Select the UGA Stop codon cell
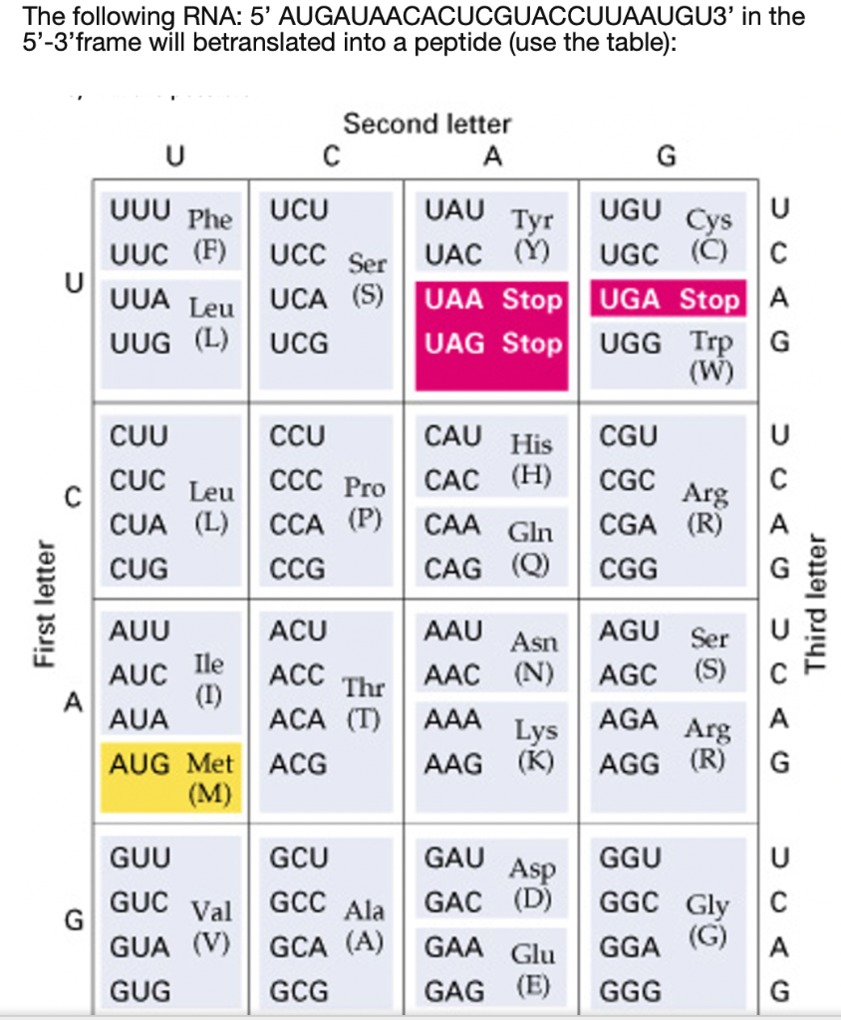point(668,299)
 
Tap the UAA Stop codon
point(492,299)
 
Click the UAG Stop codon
point(492,344)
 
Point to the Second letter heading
point(426,125)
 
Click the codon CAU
point(453,436)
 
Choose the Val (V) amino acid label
point(211,925)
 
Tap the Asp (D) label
point(534,883)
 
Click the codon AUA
point(139,719)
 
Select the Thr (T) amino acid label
point(364,701)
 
